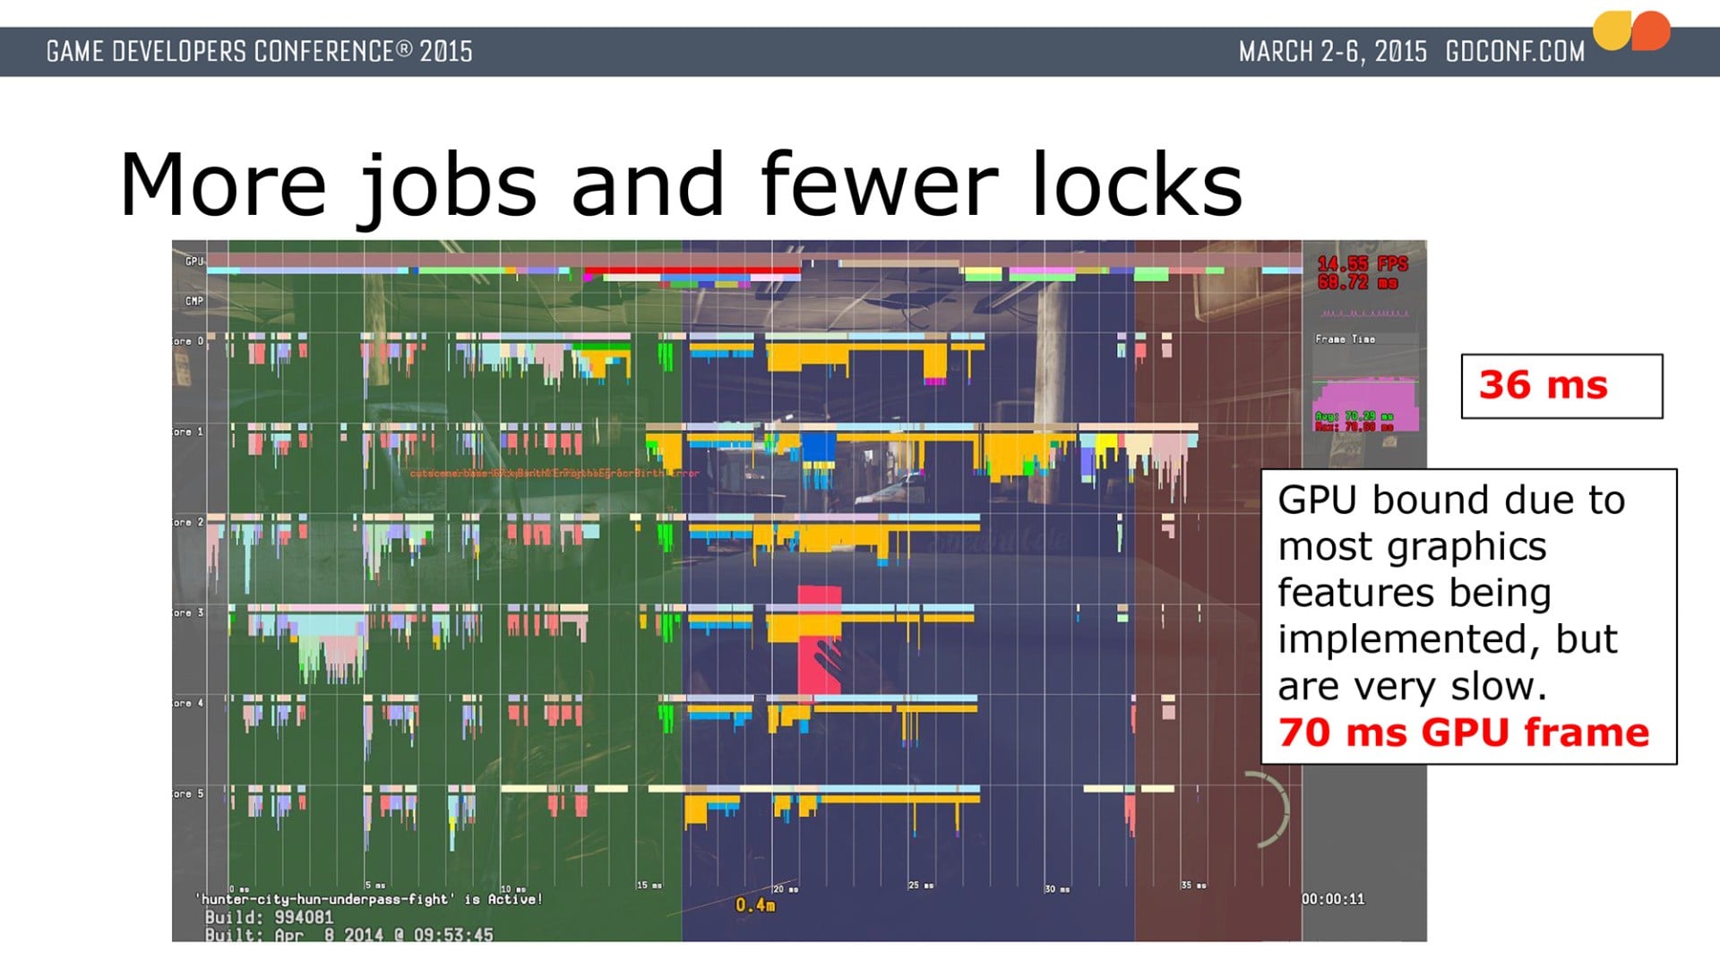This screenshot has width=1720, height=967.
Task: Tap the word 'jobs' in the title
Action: [x=448, y=186]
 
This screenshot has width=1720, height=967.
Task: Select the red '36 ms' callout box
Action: [x=1561, y=386]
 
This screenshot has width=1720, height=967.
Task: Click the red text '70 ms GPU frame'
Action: [x=1463, y=732]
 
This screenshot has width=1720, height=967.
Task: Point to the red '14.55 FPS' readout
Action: [x=1362, y=264]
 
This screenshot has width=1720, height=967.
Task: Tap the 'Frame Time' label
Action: [x=1345, y=339]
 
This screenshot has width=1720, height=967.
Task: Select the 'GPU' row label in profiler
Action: [x=193, y=261]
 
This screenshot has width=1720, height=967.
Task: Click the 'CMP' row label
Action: [x=193, y=301]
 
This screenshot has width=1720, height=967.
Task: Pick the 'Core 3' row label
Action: [x=188, y=613]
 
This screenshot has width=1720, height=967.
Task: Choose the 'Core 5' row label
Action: [x=188, y=794]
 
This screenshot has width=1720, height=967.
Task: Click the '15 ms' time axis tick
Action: [x=649, y=886]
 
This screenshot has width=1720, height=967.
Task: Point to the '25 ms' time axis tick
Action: [x=921, y=886]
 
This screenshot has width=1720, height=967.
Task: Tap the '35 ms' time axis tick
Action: [x=1193, y=886]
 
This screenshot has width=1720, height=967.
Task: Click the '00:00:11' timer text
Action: [x=1333, y=899]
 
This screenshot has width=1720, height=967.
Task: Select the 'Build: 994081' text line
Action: [x=269, y=918]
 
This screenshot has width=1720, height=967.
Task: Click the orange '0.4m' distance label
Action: [x=755, y=905]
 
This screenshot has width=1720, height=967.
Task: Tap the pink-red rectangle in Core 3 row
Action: [x=819, y=638]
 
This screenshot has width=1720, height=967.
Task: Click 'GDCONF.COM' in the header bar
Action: [x=1515, y=52]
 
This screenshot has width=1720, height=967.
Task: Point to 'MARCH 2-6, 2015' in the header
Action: [x=1332, y=52]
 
